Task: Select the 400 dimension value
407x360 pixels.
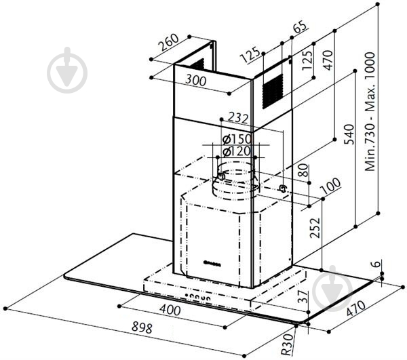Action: click(170, 309)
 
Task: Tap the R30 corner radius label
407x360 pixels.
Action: click(288, 344)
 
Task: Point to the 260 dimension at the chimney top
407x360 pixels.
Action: click(169, 42)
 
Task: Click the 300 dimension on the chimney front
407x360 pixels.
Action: click(196, 81)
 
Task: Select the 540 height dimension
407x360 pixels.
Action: click(349, 134)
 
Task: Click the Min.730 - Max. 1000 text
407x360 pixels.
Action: click(370, 112)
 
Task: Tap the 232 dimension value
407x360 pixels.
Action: click(238, 118)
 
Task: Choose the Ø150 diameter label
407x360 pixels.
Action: click(237, 139)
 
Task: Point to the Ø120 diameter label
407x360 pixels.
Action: click(237, 151)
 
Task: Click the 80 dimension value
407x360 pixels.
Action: click(303, 170)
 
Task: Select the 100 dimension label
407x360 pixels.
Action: click(331, 186)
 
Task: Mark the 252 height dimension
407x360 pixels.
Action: click(315, 228)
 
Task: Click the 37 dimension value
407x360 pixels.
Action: click(303, 297)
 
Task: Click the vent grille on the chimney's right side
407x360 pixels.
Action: click(272, 91)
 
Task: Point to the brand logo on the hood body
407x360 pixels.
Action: click(212, 265)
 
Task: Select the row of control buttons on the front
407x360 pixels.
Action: click(197, 297)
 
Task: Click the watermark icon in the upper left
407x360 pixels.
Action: click(67, 70)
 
